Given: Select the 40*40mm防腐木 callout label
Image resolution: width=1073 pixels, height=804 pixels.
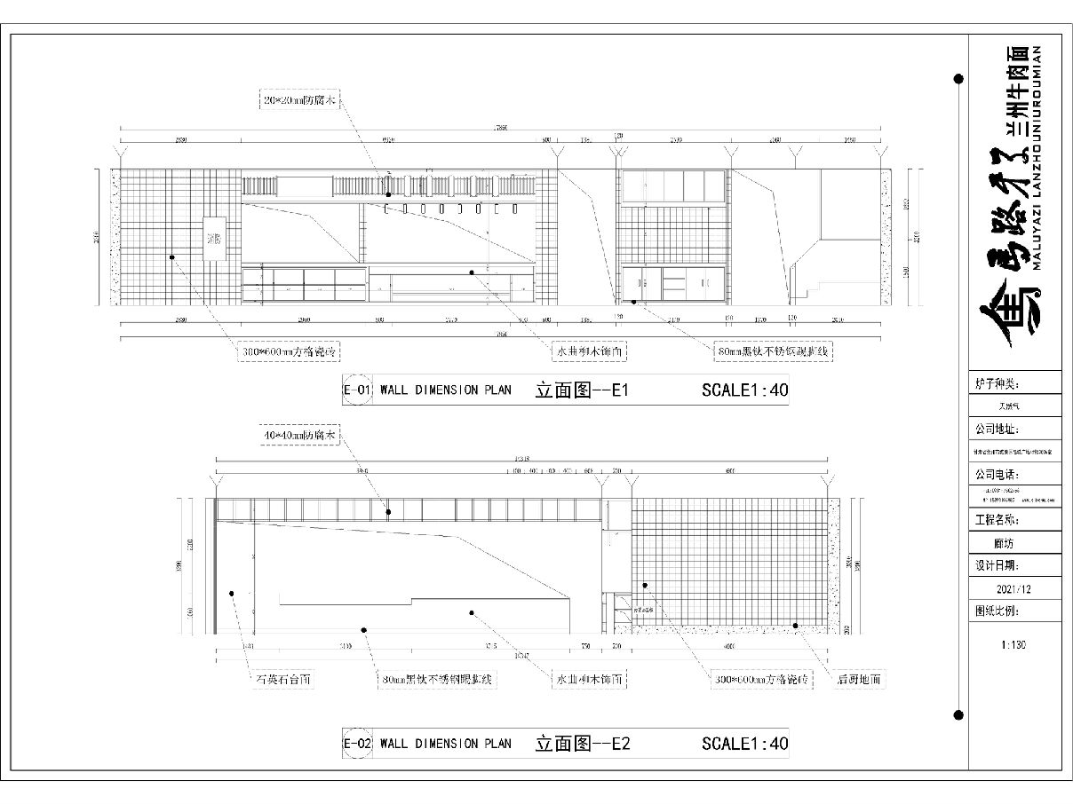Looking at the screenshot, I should click(300, 437).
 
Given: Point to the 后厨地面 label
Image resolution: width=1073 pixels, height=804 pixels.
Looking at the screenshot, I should click(859, 680).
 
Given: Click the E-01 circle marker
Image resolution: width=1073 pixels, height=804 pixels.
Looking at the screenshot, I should click(356, 390).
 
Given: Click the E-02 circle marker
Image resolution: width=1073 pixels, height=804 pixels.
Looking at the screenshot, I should click(356, 744).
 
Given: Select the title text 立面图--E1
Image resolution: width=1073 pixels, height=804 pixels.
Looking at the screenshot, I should click(582, 390).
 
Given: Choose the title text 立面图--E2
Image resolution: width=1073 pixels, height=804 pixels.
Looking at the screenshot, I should click(583, 744).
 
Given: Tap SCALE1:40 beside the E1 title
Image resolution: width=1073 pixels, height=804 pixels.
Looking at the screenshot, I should click(744, 390).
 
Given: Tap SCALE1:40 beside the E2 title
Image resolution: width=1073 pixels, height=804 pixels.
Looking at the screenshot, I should click(744, 744).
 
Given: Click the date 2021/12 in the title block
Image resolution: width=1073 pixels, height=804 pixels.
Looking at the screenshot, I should click(1013, 588).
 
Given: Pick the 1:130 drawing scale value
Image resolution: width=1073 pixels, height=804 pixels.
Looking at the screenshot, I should click(1013, 645).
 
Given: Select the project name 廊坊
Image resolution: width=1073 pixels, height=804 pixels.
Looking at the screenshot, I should click(1013, 543).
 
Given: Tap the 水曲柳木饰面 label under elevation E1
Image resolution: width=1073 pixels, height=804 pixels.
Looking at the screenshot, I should click(591, 351).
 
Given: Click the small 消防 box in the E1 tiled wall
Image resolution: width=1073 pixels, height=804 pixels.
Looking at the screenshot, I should click(215, 239).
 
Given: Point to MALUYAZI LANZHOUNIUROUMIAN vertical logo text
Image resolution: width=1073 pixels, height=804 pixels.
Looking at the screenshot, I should click(1036, 155).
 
